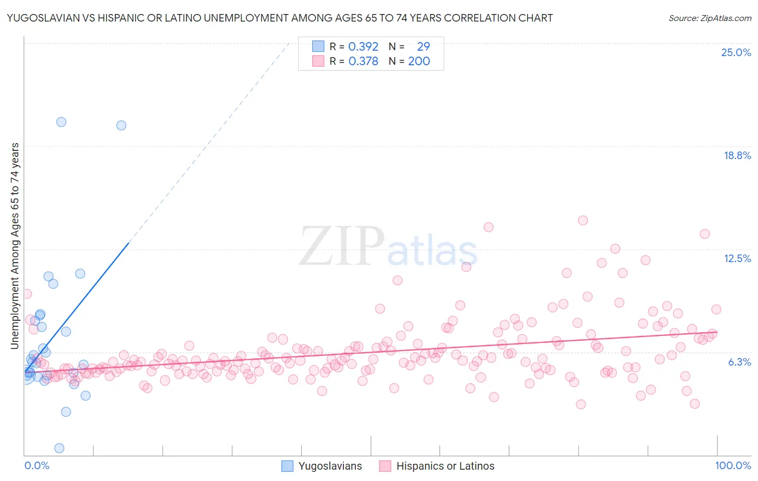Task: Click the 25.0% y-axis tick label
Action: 736,52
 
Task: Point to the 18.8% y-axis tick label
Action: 737,155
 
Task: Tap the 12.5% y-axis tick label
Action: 737,258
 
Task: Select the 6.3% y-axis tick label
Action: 739,362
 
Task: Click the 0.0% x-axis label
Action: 37,465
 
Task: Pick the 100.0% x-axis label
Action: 733,465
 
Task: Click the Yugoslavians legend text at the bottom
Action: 330,466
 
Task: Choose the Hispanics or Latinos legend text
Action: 445,466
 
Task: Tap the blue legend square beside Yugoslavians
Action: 287,466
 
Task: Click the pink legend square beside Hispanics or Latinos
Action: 385,466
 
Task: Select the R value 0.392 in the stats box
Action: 363,47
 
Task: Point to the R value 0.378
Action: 363,61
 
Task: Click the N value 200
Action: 419,61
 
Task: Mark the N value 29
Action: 423,47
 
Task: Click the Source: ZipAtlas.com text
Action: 709,18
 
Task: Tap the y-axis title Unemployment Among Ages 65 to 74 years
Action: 15,245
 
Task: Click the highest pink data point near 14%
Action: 582,220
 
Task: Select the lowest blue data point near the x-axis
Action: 59,448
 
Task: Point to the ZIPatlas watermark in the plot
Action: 388,246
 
